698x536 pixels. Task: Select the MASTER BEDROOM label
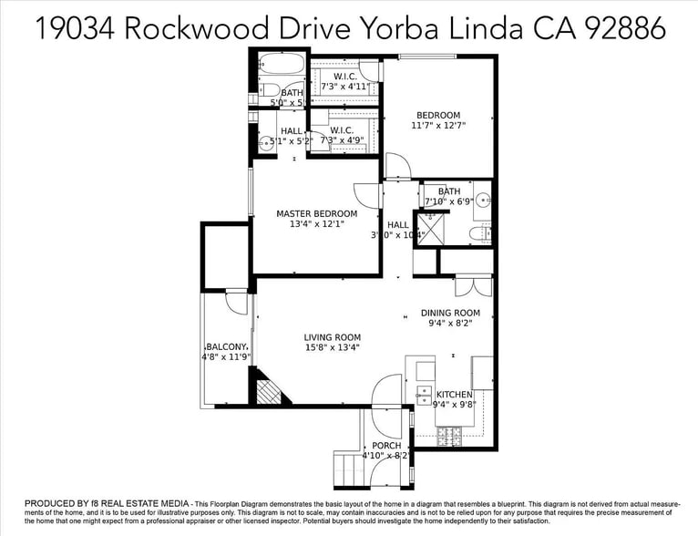point(317,213)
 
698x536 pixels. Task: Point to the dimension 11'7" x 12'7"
point(438,127)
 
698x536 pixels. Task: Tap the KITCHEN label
point(455,395)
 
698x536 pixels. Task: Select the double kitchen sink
point(425,396)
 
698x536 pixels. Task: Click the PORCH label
point(386,445)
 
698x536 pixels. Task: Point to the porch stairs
point(347,469)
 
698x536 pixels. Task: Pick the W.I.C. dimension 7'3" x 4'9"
point(342,140)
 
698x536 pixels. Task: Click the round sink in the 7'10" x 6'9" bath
point(483,198)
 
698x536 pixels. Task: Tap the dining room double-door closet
point(474,284)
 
